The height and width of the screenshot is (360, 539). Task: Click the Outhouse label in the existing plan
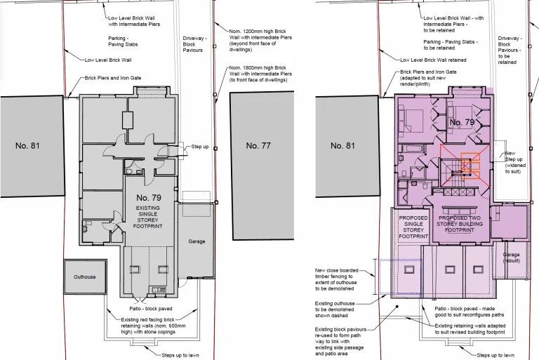pos(84,276)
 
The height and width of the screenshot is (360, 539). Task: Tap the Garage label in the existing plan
pos(197,241)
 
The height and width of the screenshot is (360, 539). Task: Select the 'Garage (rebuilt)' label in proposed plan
pos(511,258)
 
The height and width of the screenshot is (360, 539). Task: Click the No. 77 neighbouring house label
pos(258,146)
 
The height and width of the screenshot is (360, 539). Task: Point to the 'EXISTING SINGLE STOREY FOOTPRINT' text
pos(148,217)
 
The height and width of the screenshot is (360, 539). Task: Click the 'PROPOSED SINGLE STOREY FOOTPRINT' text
pos(413,227)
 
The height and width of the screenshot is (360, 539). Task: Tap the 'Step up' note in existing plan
pos(200,147)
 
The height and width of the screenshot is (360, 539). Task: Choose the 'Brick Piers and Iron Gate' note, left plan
pos(113,78)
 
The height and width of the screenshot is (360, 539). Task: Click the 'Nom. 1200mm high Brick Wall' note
pos(260,40)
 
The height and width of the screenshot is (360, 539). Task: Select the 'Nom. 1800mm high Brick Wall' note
pos(260,74)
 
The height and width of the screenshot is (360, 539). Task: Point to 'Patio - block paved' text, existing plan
pos(151,309)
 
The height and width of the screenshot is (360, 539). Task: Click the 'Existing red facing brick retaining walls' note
pos(153,326)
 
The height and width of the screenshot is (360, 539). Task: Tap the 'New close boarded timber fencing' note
pos(337,279)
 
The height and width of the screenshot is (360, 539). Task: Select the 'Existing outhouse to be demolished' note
pos(335,309)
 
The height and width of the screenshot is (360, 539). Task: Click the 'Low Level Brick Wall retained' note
pos(433,60)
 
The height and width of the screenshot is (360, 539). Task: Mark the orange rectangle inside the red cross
pos(470,166)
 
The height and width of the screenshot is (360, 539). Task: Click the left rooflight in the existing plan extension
pos(135,269)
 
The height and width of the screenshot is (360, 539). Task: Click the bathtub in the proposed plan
pos(411,149)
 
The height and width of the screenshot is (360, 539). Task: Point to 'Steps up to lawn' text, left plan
pos(180,355)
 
